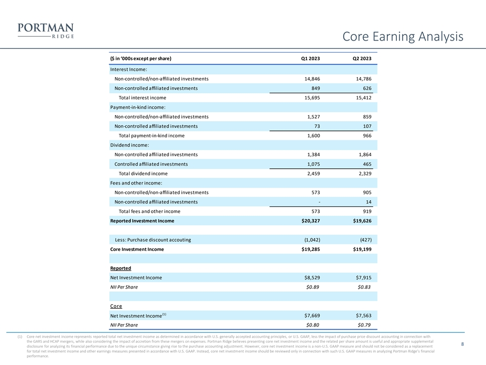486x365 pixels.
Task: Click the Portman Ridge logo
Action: point(46,30)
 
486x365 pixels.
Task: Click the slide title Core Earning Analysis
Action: point(402,36)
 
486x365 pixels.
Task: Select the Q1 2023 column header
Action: point(310,59)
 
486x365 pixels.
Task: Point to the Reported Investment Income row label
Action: point(142,221)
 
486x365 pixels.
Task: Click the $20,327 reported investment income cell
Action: point(309,221)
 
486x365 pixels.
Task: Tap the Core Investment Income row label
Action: point(137,249)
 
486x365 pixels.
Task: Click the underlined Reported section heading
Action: point(120,268)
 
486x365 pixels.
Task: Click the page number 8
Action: point(463,345)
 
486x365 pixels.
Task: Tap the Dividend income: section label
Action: point(130,145)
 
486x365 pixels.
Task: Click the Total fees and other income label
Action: point(149,211)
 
